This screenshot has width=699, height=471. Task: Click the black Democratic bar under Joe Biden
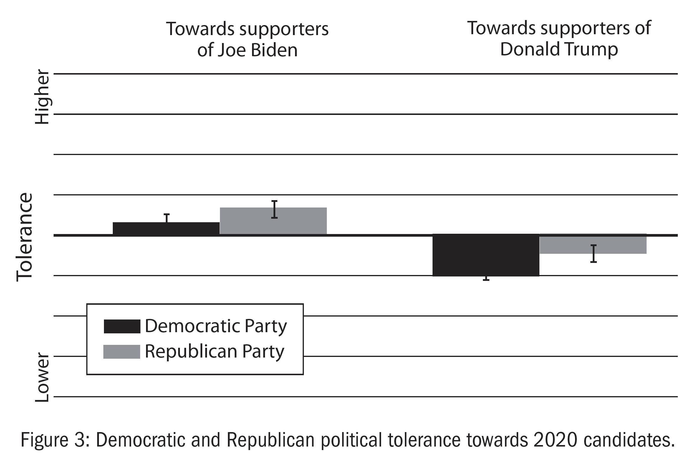pos(166,229)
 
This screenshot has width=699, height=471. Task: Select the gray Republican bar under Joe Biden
pos(273,221)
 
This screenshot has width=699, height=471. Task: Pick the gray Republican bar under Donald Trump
pos(593,244)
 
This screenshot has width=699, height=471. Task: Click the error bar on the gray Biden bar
pos(274,209)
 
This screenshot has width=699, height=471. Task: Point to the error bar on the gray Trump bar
pos(593,254)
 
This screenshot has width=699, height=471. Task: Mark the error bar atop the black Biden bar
pos(166,218)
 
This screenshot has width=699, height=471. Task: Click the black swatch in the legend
pos(122,327)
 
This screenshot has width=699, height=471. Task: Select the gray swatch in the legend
pos(122,352)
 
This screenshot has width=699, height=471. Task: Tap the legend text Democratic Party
pos(216,326)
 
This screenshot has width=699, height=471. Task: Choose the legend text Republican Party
pos(214,351)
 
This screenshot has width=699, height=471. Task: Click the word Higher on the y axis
pos(42,97)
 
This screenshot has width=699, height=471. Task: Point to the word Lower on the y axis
pos(42,378)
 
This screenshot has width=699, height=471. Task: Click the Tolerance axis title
pos(25,237)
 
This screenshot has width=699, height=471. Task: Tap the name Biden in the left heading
pos(274,50)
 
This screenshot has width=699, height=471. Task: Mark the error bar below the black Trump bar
pos(486,279)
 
